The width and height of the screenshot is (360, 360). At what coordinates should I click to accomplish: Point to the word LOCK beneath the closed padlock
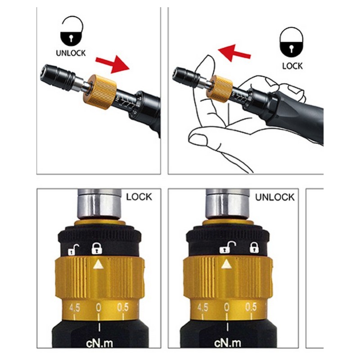click(292, 66)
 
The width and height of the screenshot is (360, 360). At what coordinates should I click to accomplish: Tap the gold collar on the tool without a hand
click(100, 91)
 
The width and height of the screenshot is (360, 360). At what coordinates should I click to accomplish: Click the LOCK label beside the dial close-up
click(139, 197)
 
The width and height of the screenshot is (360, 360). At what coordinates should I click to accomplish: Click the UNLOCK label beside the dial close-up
click(274, 197)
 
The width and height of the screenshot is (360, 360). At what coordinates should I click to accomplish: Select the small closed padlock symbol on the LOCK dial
click(97, 248)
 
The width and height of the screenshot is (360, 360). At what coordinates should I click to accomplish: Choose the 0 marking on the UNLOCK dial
click(226, 307)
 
